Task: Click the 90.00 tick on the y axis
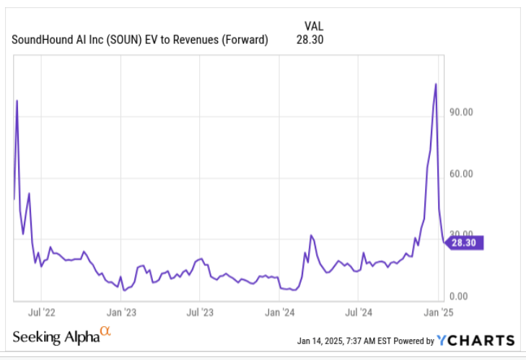(461, 112)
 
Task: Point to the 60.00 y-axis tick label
(461, 174)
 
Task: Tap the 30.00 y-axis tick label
(461, 235)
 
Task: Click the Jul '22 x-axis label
(42, 312)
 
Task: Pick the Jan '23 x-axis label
(121, 312)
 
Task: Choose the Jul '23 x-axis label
(200, 312)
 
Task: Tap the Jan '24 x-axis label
(279, 312)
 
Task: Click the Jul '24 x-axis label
(358, 312)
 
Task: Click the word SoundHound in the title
(42, 40)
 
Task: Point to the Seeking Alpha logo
(62, 337)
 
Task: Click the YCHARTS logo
(476, 340)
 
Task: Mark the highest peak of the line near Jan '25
(435, 84)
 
